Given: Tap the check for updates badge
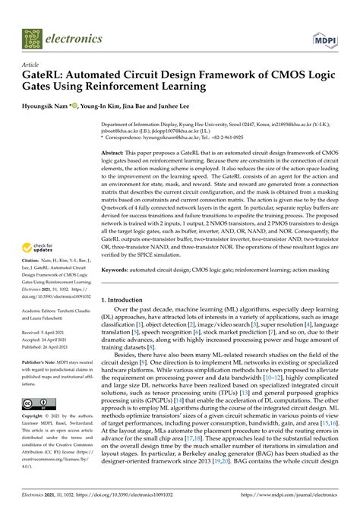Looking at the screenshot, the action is tap(37, 248).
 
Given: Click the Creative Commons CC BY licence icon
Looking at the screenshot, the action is tap(36, 403).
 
